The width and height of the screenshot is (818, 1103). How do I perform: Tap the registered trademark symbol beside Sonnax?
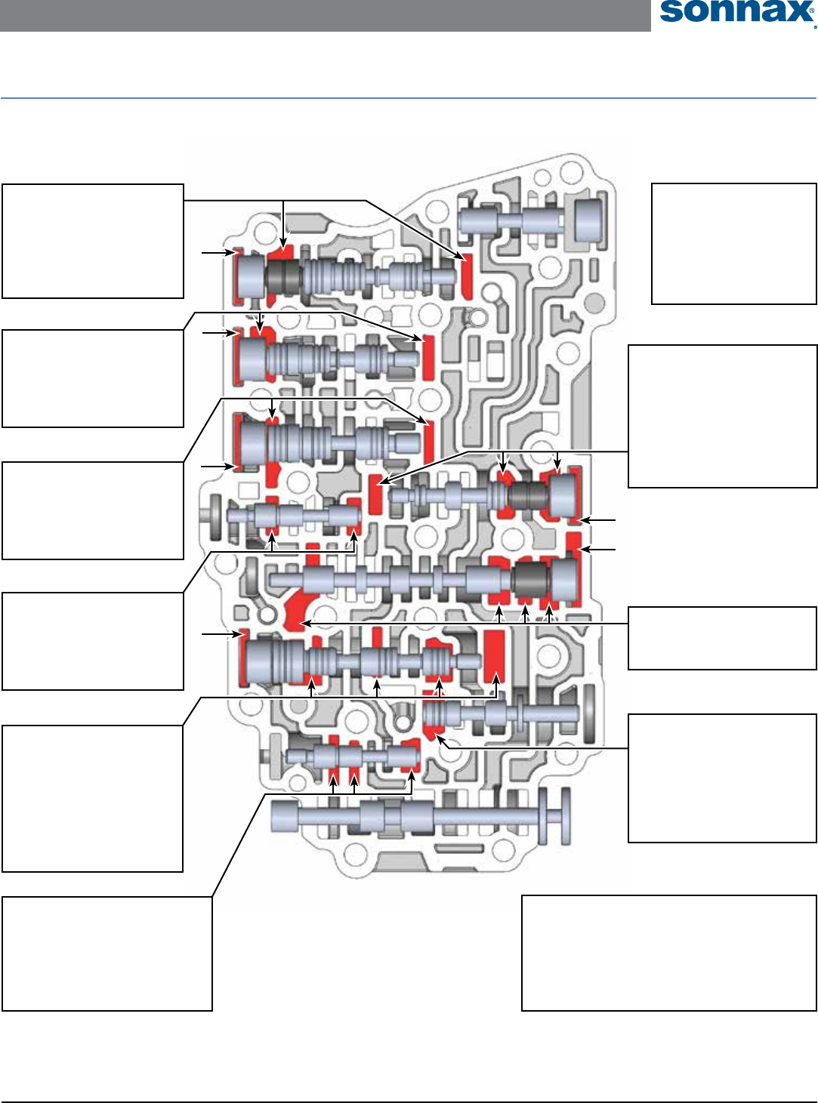pos(814,25)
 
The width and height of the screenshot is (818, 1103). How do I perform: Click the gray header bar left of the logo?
pos(325,15)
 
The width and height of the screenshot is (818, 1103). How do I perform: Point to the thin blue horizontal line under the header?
pos(408,98)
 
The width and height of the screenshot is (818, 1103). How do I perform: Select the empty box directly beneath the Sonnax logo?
pos(733,243)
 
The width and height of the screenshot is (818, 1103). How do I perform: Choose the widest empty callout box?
pos(668,953)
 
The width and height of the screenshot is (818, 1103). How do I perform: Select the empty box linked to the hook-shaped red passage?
pos(722,638)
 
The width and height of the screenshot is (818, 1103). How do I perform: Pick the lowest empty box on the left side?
pos(107,953)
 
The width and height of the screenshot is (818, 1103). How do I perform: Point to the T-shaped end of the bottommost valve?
pos(557,816)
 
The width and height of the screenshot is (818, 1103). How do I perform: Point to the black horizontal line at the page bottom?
pos(408,1101)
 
